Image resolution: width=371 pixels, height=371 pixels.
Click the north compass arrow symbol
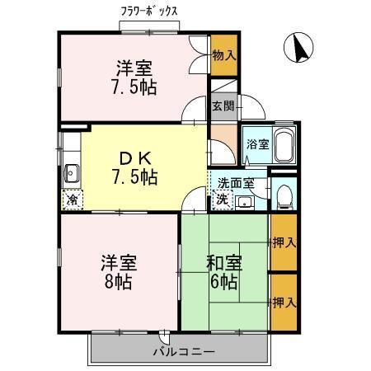[x=298, y=49]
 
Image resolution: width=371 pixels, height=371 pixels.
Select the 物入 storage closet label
[x=223, y=55]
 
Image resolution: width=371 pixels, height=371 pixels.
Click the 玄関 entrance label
[x=223, y=106]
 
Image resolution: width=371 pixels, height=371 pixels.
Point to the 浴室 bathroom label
[x=257, y=143]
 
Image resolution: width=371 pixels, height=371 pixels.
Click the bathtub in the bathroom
[x=283, y=147]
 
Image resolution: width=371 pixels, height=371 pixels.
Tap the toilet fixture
[x=284, y=195]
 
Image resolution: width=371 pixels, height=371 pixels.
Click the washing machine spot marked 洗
[x=222, y=199]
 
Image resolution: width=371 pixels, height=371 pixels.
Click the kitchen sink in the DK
[x=71, y=173]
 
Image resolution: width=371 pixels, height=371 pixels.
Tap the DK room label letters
[x=134, y=157]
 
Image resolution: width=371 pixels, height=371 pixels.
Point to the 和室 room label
[x=223, y=263]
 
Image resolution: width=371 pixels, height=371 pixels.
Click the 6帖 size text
[x=223, y=282]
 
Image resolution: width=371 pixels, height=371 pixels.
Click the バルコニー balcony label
[x=183, y=352]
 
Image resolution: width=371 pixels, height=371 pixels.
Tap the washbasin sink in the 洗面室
[x=245, y=201]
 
